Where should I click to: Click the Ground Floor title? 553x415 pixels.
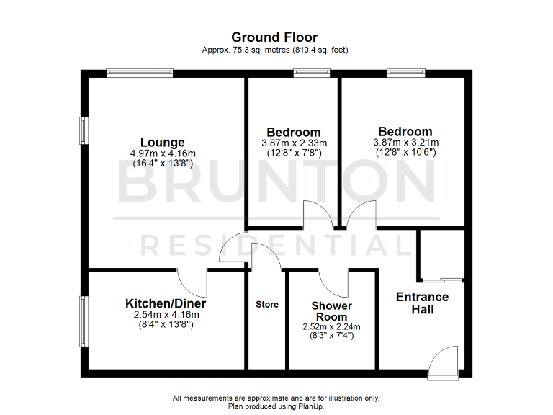pyautogui.click(x=274, y=37)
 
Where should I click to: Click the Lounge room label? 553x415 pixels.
pyautogui.click(x=162, y=143)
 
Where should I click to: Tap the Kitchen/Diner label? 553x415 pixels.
pyautogui.click(x=166, y=303)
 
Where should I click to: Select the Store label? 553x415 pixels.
pyautogui.click(x=267, y=305)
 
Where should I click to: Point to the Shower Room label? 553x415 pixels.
pyautogui.click(x=332, y=311)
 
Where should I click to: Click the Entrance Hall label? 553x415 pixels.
pyautogui.click(x=422, y=303)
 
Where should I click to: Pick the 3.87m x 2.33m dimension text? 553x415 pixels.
pyautogui.click(x=294, y=143)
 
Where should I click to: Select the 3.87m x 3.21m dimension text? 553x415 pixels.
pyautogui.click(x=405, y=142)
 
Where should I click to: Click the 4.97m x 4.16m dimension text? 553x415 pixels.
pyautogui.click(x=163, y=153)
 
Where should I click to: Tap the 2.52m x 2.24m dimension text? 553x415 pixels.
pyautogui.click(x=331, y=326)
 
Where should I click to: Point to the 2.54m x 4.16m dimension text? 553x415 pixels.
pyautogui.click(x=166, y=314)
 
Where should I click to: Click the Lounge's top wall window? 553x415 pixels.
pyautogui.click(x=140, y=72)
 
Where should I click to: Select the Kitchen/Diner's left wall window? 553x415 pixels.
pyautogui.click(x=84, y=322)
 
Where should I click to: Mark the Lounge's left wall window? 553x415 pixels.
pyautogui.click(x=84, y=131)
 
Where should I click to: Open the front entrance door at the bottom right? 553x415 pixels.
pyautogui.click(x=441, y=364)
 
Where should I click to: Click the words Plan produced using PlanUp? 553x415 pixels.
pyautogui.click(x=276, y=406)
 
